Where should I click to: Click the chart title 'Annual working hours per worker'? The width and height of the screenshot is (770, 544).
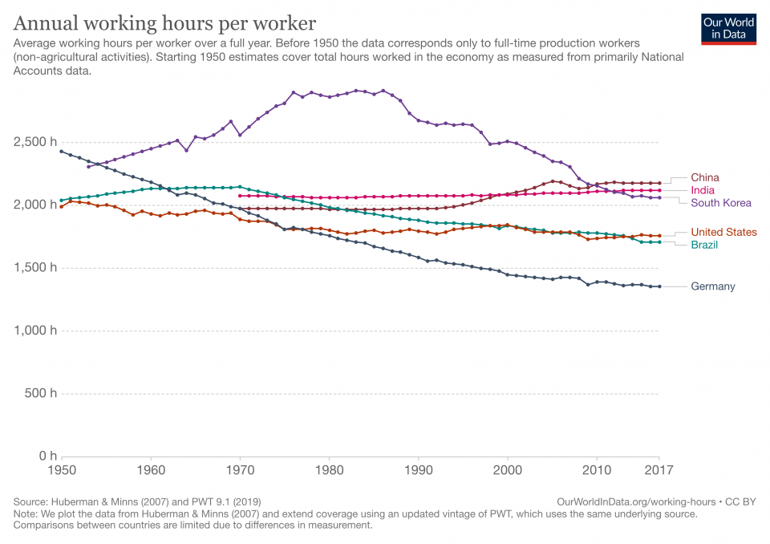pyautogui.click(x=164, y=22)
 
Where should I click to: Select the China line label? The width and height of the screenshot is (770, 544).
pyautogui.click(x=705, y=177)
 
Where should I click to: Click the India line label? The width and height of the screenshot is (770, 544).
pyautogui.click(x=703, y=190)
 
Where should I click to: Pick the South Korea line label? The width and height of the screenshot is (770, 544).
pyautogui.click(x=721, y=203)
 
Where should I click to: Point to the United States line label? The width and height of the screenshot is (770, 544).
pyautogui.click(x=723, y=232)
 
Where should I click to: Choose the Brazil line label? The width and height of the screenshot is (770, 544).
pyautogui.click(x=704, y=245)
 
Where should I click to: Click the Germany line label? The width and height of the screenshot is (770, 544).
pyautogui.click(x=713, y=286)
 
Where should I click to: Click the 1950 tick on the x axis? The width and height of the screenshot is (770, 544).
pyautogui.click(x=61, y=471)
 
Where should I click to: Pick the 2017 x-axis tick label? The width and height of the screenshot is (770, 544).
pyautogui.click(x=659, y=471)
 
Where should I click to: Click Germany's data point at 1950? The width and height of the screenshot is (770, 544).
pyautogui.click(x=61, y=151)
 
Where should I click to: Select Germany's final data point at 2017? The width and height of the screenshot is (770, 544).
pyautogui.click(x=659, y=286)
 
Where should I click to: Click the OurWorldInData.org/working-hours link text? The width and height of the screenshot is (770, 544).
pyautogui.click(x=632, y=501)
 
